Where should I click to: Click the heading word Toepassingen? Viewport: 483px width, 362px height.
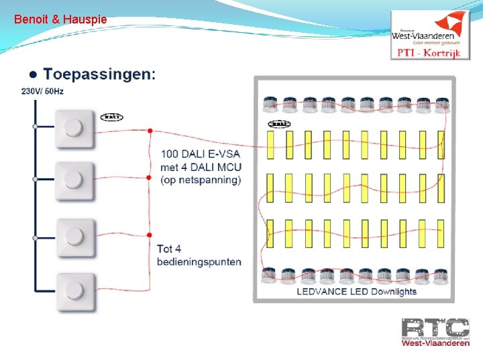[x=99, y=73]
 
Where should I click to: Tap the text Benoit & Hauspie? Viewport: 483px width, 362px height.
[x=60, y=19]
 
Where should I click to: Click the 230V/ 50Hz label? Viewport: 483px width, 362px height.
[x=42, y=91]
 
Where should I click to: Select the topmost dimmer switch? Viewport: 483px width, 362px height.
[x=74, y=127]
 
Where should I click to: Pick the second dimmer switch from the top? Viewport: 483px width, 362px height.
[x=74, y=180]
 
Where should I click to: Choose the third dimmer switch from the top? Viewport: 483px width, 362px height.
[x=74, y=237]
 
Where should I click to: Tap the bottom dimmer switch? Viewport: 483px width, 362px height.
[x=74, y=290]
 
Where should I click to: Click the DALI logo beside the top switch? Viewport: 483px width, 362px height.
[x=111, y=117]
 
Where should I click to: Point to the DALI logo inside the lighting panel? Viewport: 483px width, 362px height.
[x=278, y=124]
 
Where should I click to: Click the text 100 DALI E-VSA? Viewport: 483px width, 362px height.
[x=201, y=154]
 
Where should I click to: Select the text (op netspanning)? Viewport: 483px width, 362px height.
[x=201, y=180]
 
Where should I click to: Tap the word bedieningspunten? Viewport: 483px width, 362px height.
[x=199, y=261]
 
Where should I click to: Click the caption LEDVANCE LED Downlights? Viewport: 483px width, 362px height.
[x=357, y=292]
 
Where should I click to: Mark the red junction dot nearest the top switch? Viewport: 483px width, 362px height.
[x=150, y=131]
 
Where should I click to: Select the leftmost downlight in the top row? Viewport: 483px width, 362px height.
[x=270, y=104]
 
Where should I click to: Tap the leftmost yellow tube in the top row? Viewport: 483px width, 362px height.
[x=271, y=144]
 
